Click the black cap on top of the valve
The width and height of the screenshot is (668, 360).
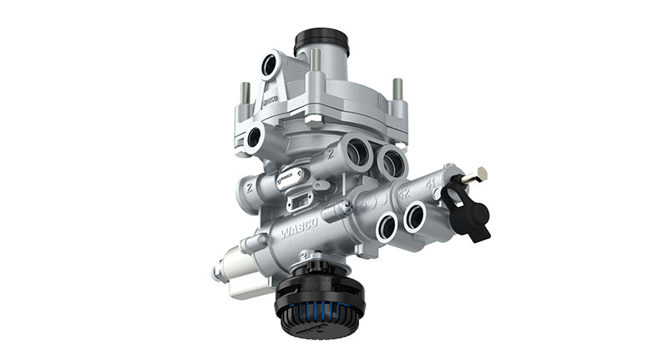(321, 39)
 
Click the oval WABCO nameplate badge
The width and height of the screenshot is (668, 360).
(294, 179)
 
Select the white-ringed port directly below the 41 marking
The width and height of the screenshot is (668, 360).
(415, 217)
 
